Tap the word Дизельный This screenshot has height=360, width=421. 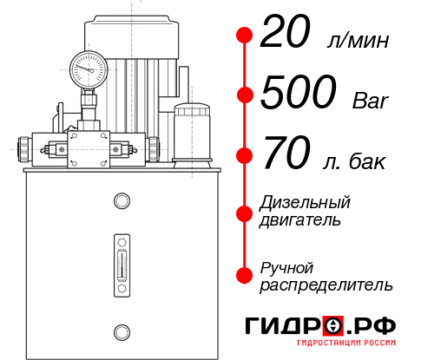pyautogui.click(x=306, y=202)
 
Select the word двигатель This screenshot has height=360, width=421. pyautogui.click(x=300, y=219)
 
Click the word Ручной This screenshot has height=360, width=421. pyautogui.click(x=286, y=267)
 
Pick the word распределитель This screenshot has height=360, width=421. pyautogui.click(x=326, y=285)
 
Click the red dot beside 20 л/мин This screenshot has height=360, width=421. pyautogui.click(x=245, y=36)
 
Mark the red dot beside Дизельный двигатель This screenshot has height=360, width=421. pyautogui.click(x=245, y=212)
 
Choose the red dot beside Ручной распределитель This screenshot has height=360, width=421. pyautogui.click(x=245, y=275)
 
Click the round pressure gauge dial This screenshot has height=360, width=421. pyautogui.click(x=88, y=65)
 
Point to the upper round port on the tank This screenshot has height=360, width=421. pyautogui.click(x=122, y=202)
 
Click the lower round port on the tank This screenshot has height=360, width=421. pyautogui.click(x=122, y=331)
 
